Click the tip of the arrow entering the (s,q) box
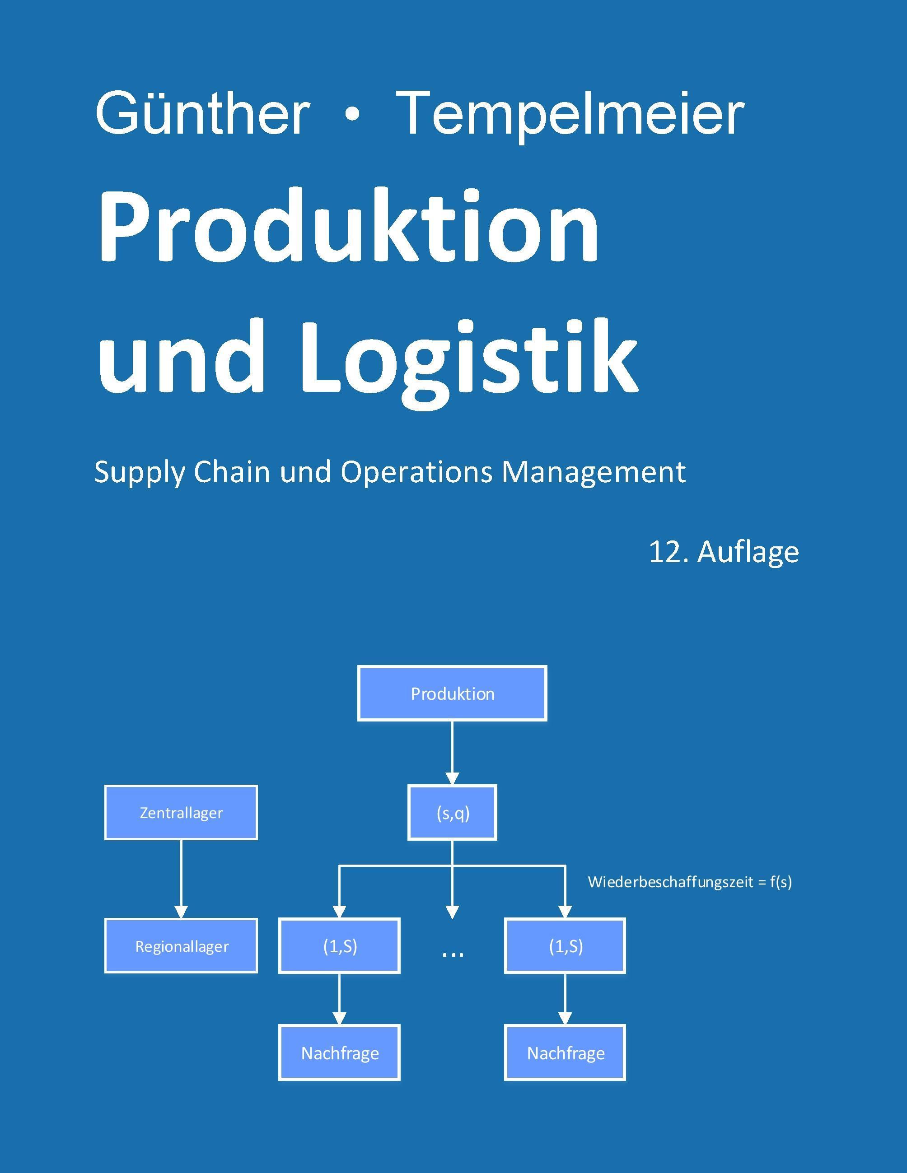pyautogui.click(x=453, y=785)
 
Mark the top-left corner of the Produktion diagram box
pyautogui.click(x=358, y=666)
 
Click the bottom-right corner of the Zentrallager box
pyautogui.click(x=257, y=839)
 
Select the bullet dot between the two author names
pyautogui.click(x=352, y=116)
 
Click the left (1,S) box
pyautogui.click(x=339, y=946)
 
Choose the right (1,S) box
pyautogui.click(x=565, y=946)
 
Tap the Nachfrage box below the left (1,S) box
pyautogui.click(x=339, y=1053)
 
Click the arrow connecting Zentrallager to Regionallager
pyautogui.click(x=181, y=879)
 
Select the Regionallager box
pyautogui.click(x=181, y=946)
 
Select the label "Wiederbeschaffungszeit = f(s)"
pyautogui.click(x=690, y=882)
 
